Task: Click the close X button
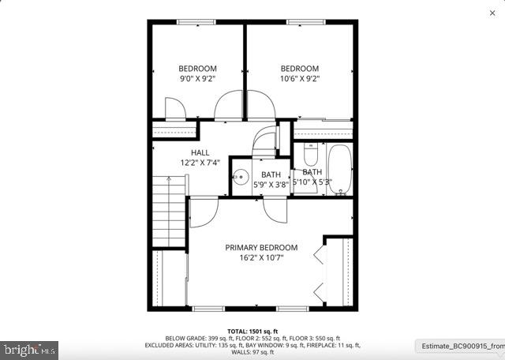click(492, 13)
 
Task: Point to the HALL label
click(200, 152)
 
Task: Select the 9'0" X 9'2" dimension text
click(197, 79)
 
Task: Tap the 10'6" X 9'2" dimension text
click(300, 79)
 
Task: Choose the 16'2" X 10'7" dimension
click(254, 257)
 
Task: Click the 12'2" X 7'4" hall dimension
click(200, 163)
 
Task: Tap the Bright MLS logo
click(30, 347)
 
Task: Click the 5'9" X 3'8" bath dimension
click(271, 185)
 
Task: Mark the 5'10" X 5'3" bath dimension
click(312, 182)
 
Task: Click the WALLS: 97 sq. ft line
click(252, 352)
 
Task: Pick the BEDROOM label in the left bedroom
click(197, 69)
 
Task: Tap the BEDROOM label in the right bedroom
click(300, 69)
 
